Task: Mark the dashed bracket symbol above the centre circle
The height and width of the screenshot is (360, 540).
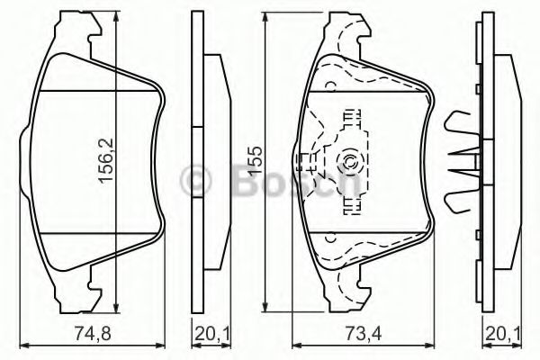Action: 347,120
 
